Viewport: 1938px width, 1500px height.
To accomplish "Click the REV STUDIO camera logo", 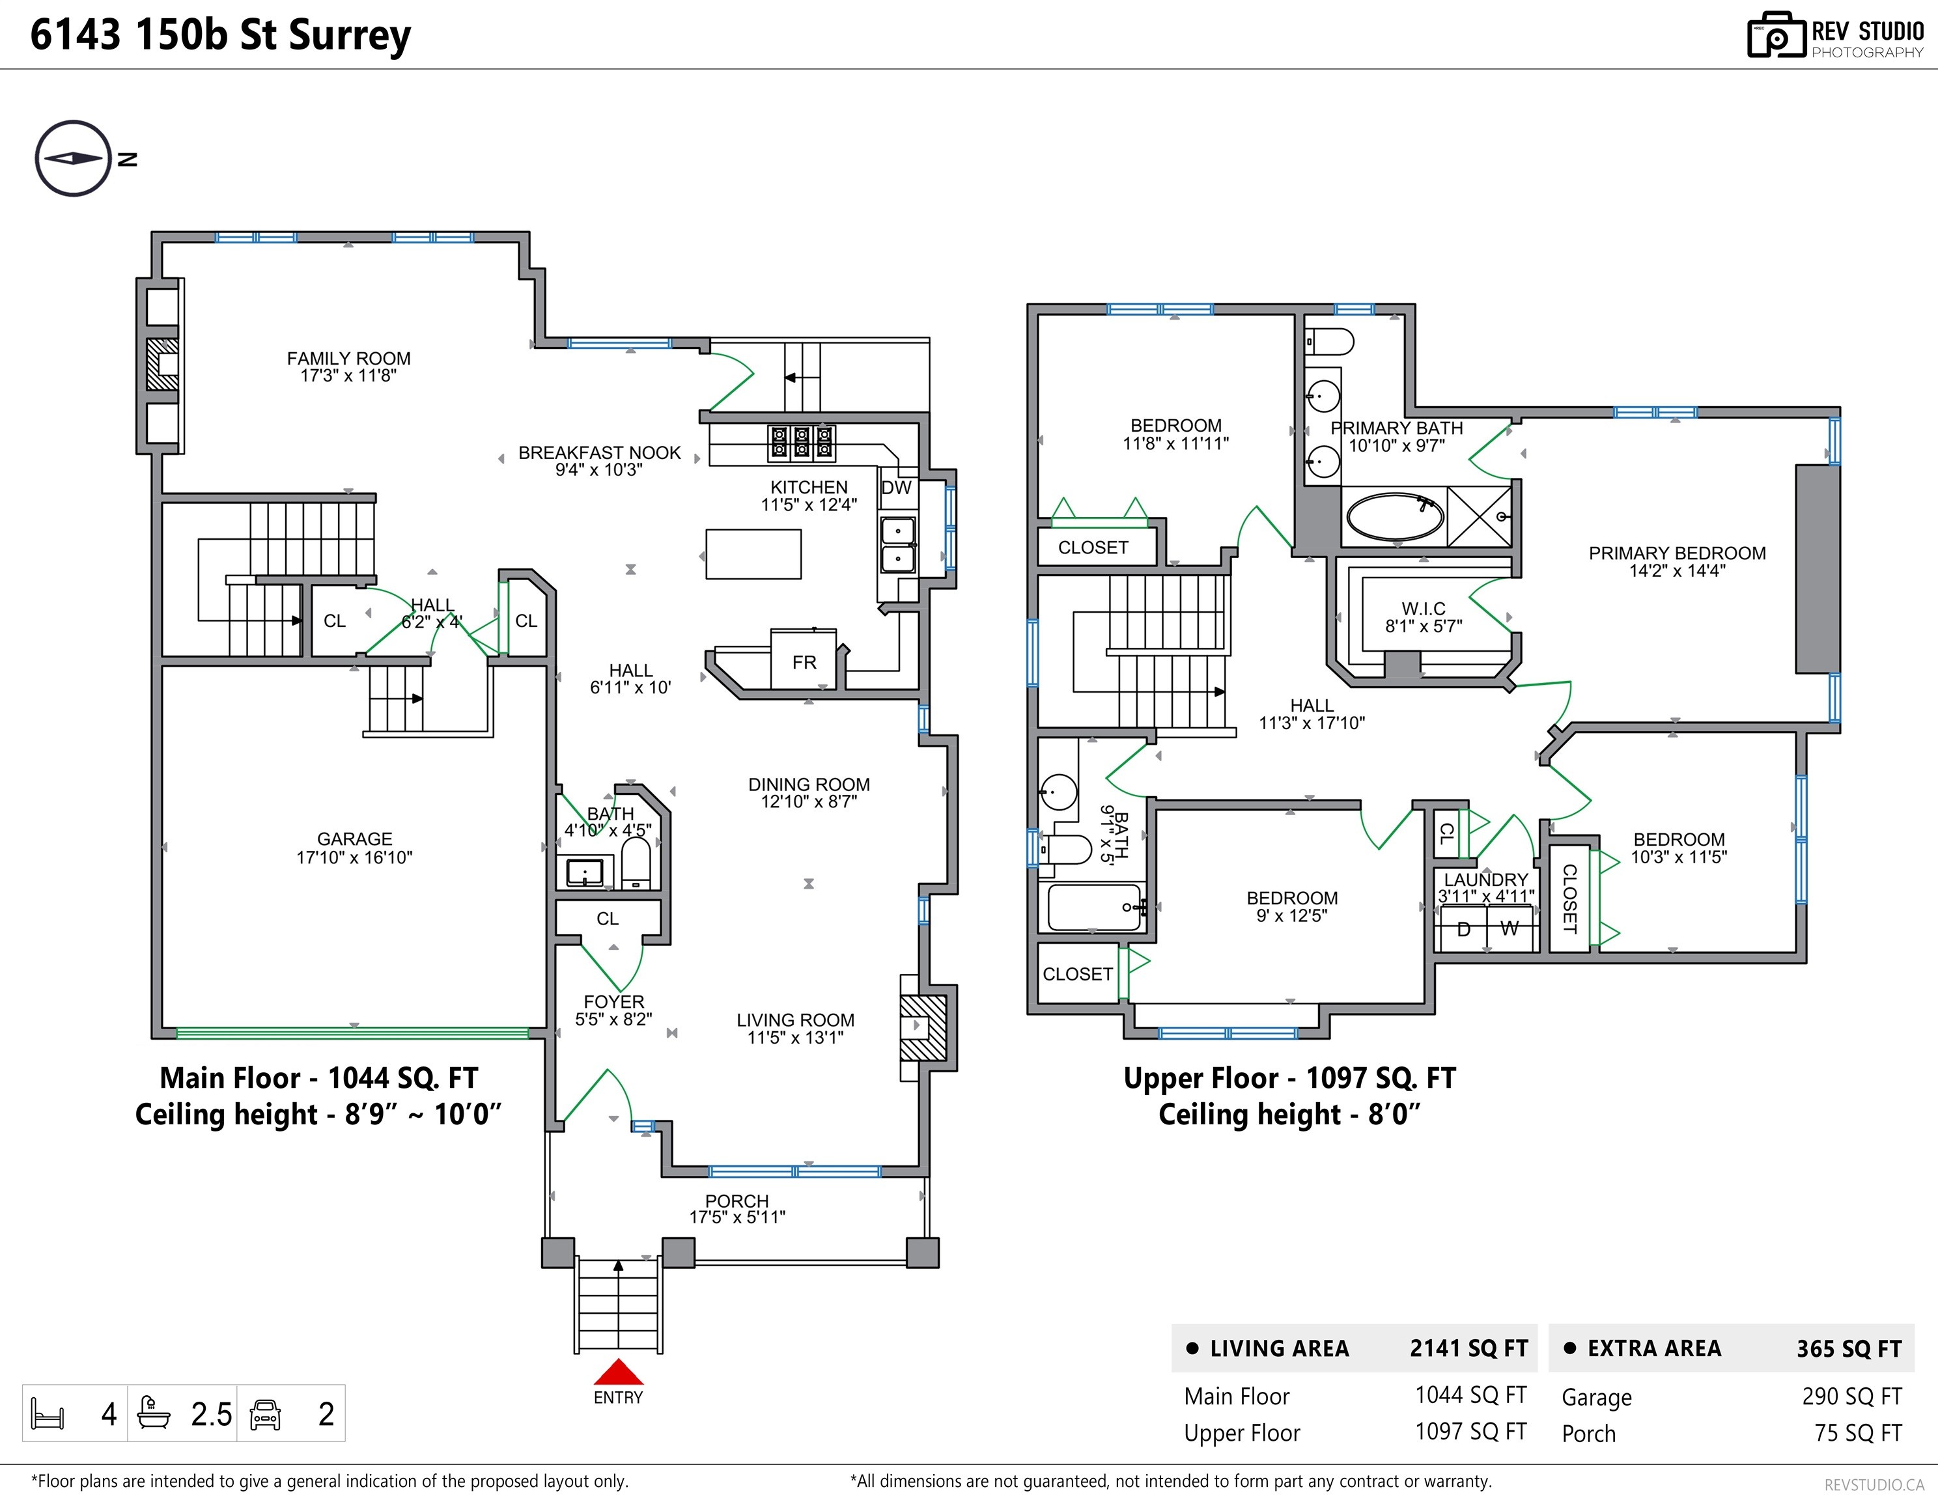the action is [x=1776, y=36].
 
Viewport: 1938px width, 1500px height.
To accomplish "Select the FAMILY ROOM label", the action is [x=349, y=358].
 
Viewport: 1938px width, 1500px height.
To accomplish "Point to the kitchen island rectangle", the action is [x=753, y=555].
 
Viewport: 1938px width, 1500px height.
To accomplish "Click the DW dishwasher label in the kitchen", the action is [x=896, y=488].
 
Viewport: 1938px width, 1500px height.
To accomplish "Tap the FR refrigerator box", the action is [x=804, y=659].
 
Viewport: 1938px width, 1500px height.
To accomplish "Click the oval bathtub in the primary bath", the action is [x=1395, y=516].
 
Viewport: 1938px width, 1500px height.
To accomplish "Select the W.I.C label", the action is [x=1424, y=609].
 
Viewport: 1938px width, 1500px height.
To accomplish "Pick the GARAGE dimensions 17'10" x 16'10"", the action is [x=354, y=857].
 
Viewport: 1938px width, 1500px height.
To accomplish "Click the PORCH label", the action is [x=737, y=1200].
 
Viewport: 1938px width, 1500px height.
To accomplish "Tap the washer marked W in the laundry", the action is [x=1510, y=929].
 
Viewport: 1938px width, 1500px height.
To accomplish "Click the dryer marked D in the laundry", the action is [x=1463, y=929].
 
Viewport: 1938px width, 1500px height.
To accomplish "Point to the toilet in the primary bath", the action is [x=1329, y=342].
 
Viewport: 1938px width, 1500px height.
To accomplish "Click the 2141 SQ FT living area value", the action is [x=1468, y=1348].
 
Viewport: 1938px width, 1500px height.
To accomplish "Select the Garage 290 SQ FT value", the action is [x=1852, y=1396].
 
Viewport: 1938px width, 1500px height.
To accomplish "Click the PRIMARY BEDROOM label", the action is [x=1677, y=553].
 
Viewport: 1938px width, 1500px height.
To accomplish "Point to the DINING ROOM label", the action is [x=808, y=784].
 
